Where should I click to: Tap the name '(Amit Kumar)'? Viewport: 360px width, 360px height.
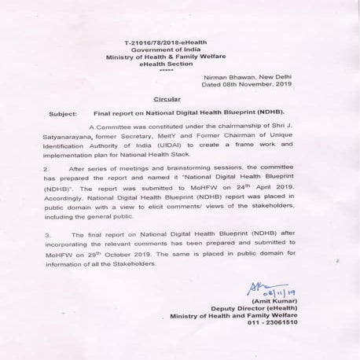pos(283,303)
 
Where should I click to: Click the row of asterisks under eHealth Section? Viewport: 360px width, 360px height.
pos(164,71)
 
